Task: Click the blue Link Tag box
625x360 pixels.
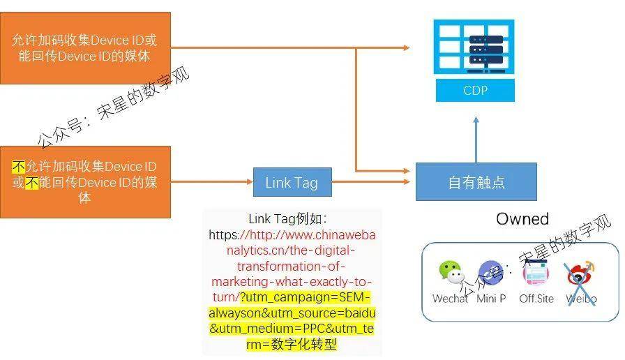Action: tap(292, 182)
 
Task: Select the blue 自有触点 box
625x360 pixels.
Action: tap(476, 182)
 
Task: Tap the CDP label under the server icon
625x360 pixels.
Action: tap(475, 90)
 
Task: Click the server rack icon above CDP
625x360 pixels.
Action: tap(474, 47)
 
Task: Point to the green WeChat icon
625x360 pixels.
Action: tap(451, 272)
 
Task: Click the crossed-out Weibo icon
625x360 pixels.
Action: tap(580, 275)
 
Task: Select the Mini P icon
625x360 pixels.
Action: tap(490, 273)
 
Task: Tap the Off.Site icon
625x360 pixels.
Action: tap(536, 272)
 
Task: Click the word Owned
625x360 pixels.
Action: tap(522, 219)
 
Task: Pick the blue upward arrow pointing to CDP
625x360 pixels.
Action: tap(476, 140)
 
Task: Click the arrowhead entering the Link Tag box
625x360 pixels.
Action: tap(250, 182)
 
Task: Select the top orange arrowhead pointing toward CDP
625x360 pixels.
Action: tap(406, 48)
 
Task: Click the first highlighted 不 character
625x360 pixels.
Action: tap(18, 166)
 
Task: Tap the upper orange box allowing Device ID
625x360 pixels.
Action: tap(85, 48)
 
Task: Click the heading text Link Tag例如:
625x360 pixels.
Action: tap(288, 219)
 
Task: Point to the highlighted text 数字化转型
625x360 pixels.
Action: tap(303, 344)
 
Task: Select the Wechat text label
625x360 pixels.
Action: tap(450, 299)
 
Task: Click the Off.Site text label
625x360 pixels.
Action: tap(536, 299)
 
